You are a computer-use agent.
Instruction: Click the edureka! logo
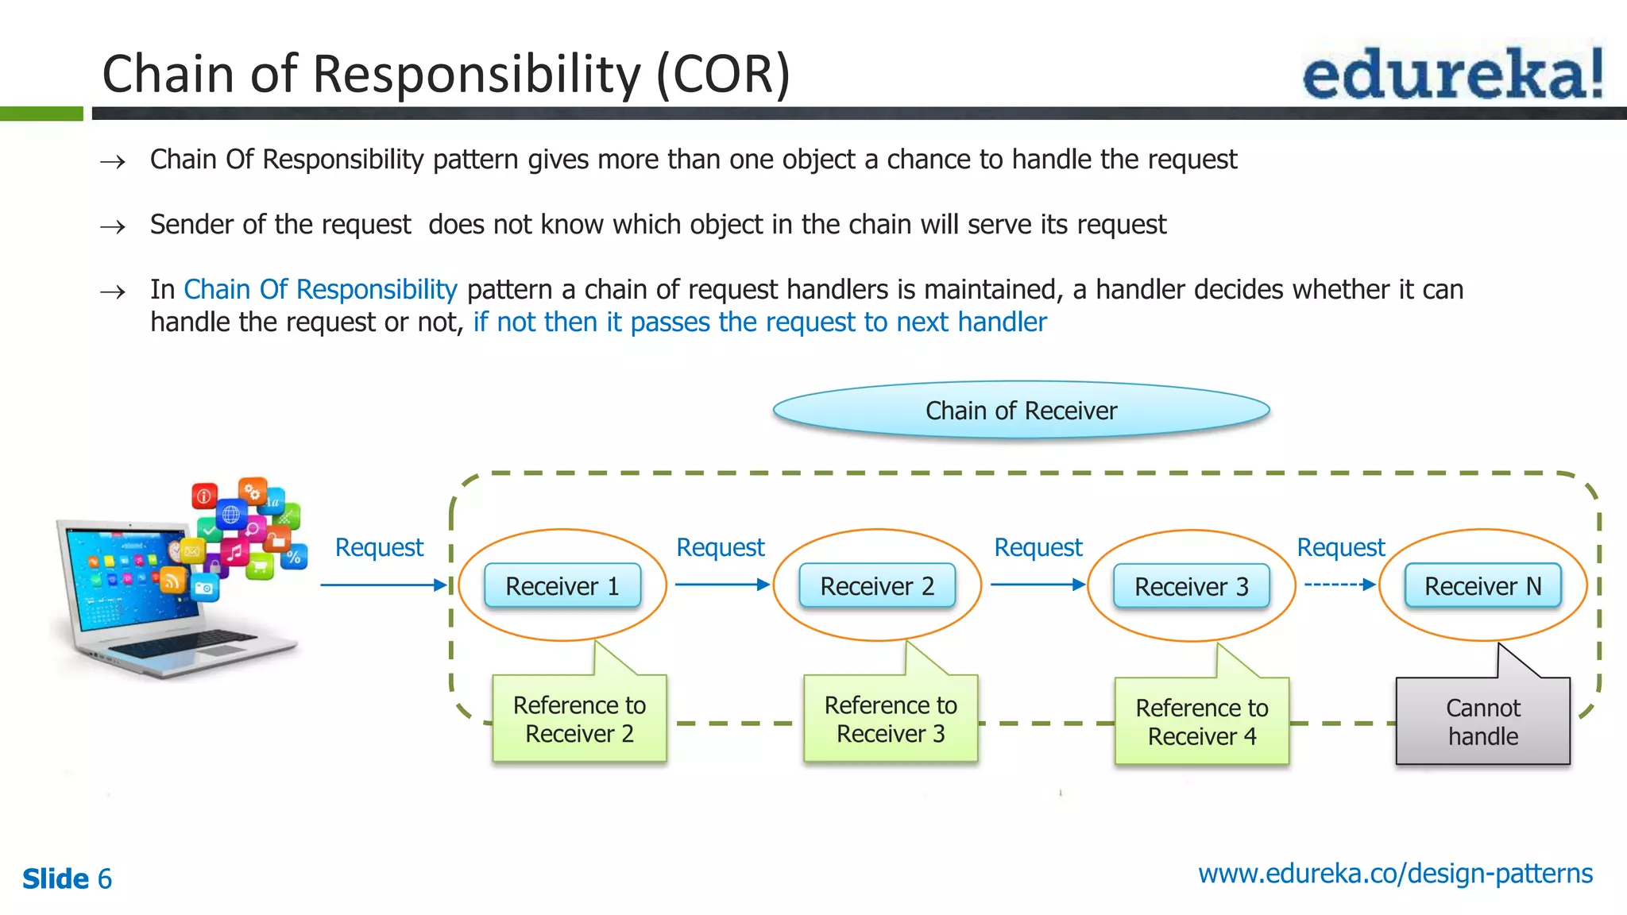coord(1452,73)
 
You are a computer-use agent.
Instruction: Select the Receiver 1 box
coord(562,586)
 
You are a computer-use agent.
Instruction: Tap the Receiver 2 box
coord(877,586)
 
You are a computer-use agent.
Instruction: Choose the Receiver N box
coord(1482,586)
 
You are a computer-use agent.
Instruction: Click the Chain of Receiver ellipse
coord(1021,411)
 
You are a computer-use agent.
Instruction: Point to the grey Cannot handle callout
coord(1482,721)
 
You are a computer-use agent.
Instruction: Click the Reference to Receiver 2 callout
coord(579,719)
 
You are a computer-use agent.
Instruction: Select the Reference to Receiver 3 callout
coord(891,719)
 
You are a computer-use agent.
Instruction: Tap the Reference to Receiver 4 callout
coord(1201,721)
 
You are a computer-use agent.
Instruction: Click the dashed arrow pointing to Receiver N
coord(1339,585)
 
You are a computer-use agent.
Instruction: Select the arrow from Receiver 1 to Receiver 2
coord(721,585)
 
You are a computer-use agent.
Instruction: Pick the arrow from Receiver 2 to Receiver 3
coord(1037,585)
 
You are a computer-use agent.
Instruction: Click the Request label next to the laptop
coord(379,547)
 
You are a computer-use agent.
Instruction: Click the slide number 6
coord(104,879)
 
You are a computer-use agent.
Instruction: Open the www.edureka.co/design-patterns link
coord(1395,874)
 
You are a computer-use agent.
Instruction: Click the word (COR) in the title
coord(723,74)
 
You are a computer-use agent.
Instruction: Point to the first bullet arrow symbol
coord(113,162)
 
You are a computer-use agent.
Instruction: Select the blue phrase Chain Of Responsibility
coord(320,289)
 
